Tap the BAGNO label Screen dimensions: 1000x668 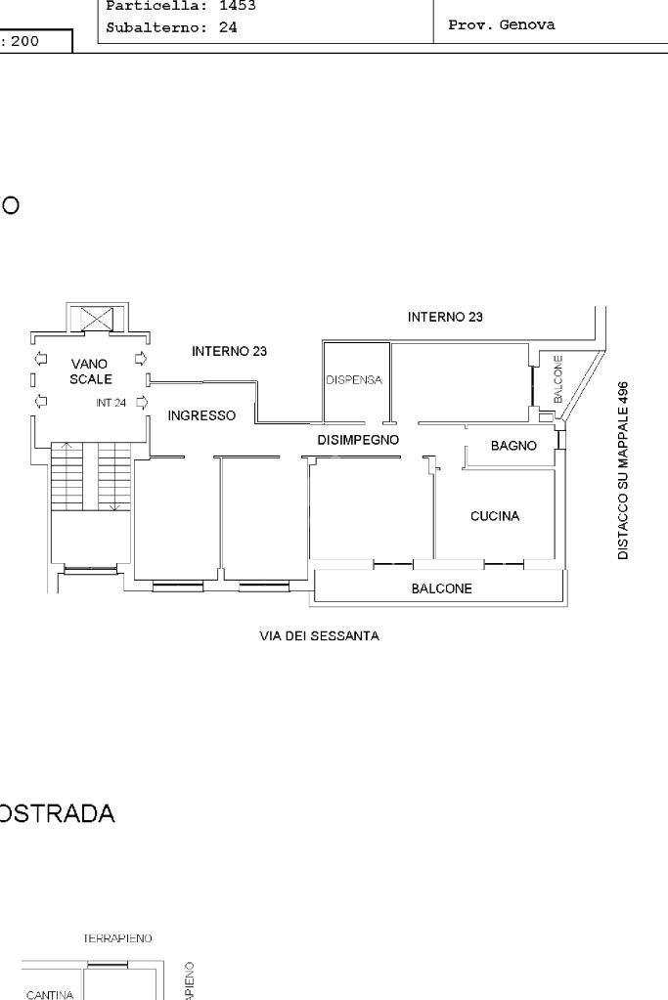(x=513, y=446)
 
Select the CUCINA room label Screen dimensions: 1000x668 (x=495, y=516)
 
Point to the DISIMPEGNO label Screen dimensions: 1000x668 (x=358, y=441)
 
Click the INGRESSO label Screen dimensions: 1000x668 (x=201, y=416)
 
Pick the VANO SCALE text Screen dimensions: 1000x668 (x=90, y=371)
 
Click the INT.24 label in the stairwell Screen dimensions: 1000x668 (x=111, y=402)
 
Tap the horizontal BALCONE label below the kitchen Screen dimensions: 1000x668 (x=441, y=589)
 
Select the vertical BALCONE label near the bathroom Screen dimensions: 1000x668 (x=558, y=379)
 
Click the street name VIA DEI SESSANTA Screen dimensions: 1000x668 (x=319, y=636)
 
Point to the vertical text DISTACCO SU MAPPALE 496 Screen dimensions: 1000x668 (x=623, y=470)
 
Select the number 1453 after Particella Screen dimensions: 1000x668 (x=236, y=6)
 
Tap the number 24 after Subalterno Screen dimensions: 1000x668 (x=228, y=28)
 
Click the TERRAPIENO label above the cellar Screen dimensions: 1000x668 (x=117, y=938)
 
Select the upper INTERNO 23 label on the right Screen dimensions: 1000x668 (x=445, y=317)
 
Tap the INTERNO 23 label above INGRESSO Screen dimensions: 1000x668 (x=229, y=351)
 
